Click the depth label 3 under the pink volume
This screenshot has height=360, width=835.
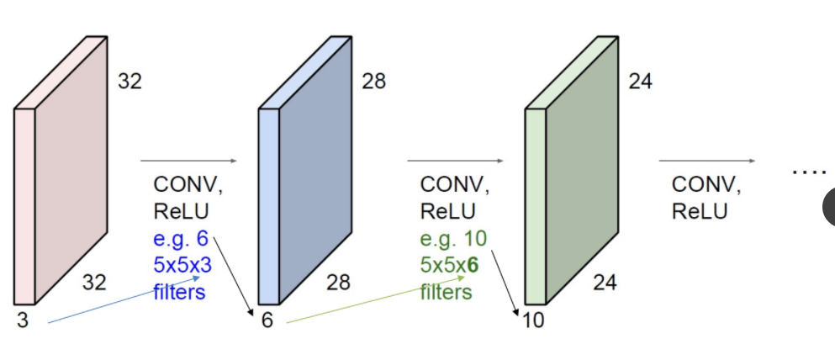pyautogui.click(x=22, y=320)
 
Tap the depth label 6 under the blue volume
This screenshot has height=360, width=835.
pyautogui.click(x=267, y=320)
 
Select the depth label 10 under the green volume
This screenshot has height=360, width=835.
pyautogui.click(x=533, y=320)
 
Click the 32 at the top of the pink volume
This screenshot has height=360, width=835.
pyautogui.click(x=130, y=82)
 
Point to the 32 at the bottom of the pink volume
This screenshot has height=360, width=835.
pyautogui.click(x=94, y=283)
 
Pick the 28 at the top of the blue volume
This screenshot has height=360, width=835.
pyautogui.click(x=374, y=82)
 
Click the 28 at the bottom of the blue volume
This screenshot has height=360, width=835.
pyautogui.click(x=338, y=283)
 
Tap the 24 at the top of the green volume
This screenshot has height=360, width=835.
pyautogui.click(x=640, y=82)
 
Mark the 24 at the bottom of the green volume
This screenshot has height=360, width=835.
pyautogui.click(x=604, y=283)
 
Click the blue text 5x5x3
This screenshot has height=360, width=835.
pyautogui.click(x=181, y=265)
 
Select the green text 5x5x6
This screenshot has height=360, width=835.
pyautogui.click(x=449, y=265)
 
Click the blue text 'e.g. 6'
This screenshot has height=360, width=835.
pyautogui.click(x=180, y=238)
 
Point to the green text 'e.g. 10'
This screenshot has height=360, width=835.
pyautogui.click(x=452, y=238)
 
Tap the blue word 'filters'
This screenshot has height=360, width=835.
pyautogui.click(x=179, y=292)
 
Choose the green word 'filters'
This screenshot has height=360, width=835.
pyautogui.click(x=446, y=292)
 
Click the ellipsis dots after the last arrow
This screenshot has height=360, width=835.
pyautogui.click(x=809, y=172)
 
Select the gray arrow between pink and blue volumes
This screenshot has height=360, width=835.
pyautogui.click(x=189, y=160)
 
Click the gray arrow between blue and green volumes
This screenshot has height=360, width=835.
pyautogui.click(x=455, y=160)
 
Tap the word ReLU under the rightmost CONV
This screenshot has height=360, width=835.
pyautogui.click(x=700, y=209)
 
